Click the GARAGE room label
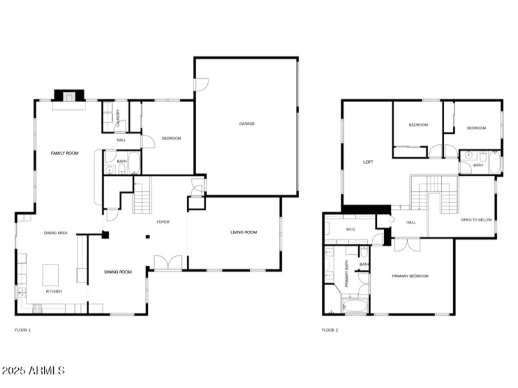(247, 124)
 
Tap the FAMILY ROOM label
(65, 153)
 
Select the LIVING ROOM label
(244, 232)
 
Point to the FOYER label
(163, 222)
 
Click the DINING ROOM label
(118, 272)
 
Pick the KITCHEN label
(54, 292)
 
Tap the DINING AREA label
(56, 233)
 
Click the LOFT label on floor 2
(368, 162)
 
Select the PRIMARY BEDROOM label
(410, 276)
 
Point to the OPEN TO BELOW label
(477, 220)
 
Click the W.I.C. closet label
(352, 229)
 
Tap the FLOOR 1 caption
(23, 330)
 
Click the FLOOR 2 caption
(330, 330)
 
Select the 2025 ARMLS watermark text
(33, 371)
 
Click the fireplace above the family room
(69, 96)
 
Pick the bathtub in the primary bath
(354, 305)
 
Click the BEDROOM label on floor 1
(172, 138)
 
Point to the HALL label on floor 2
(411, 222)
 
